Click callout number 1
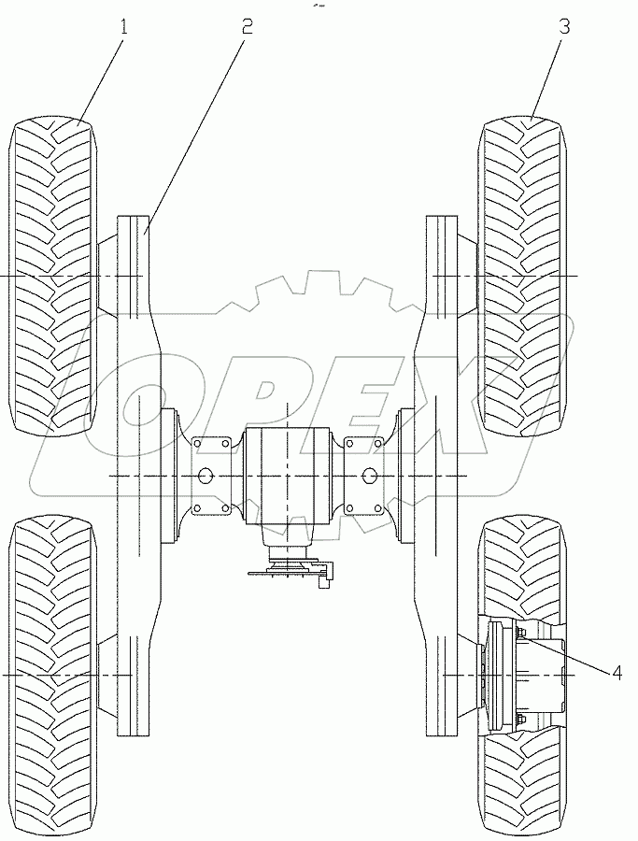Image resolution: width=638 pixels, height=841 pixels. point(122,27)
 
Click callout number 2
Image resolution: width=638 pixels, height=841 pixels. point(247,27)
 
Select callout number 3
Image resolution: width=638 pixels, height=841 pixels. point(564,27)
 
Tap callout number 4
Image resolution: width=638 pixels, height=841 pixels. point(617,673)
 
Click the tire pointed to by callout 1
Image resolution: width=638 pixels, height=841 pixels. point(51,280)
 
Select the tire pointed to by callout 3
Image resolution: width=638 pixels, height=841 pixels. point(523,280)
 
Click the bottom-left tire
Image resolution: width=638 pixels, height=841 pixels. point(51,673)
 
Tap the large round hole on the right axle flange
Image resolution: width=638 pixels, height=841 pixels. point(370,477)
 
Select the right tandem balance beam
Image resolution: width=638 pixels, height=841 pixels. point(439,477)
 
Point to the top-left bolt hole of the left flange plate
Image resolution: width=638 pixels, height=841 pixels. point(200,443)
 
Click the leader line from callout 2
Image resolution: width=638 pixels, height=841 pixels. point(196,126)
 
